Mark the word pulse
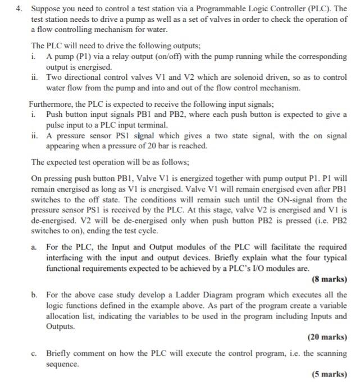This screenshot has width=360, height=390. pos(57,124)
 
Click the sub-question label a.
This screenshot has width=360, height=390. pos(35,247)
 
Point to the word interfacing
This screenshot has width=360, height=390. pos(68,257)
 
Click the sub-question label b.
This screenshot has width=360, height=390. pos(35,294)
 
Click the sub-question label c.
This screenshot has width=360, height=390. pos(35,353)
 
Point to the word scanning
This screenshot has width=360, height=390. pos(318,353)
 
